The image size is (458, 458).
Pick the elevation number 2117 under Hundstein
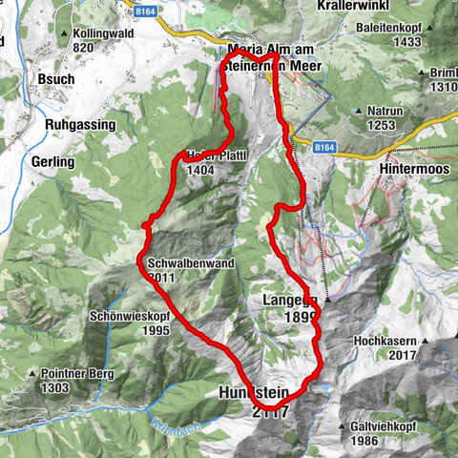[269, 411]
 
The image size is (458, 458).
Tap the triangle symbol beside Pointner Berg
[33, 374]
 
